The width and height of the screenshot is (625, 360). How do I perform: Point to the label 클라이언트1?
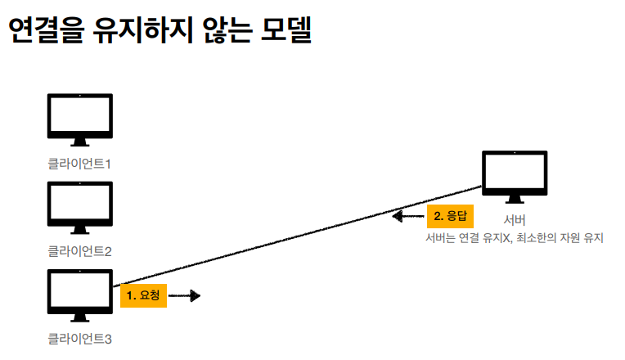[79, 164]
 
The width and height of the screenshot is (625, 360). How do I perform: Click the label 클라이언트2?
[79, 250]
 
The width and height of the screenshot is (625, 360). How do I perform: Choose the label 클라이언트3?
[79, 337]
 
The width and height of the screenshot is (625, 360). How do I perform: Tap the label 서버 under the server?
[515, 220]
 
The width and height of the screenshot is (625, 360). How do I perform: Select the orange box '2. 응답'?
[449, 217]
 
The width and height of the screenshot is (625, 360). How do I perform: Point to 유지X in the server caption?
[496, 239]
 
